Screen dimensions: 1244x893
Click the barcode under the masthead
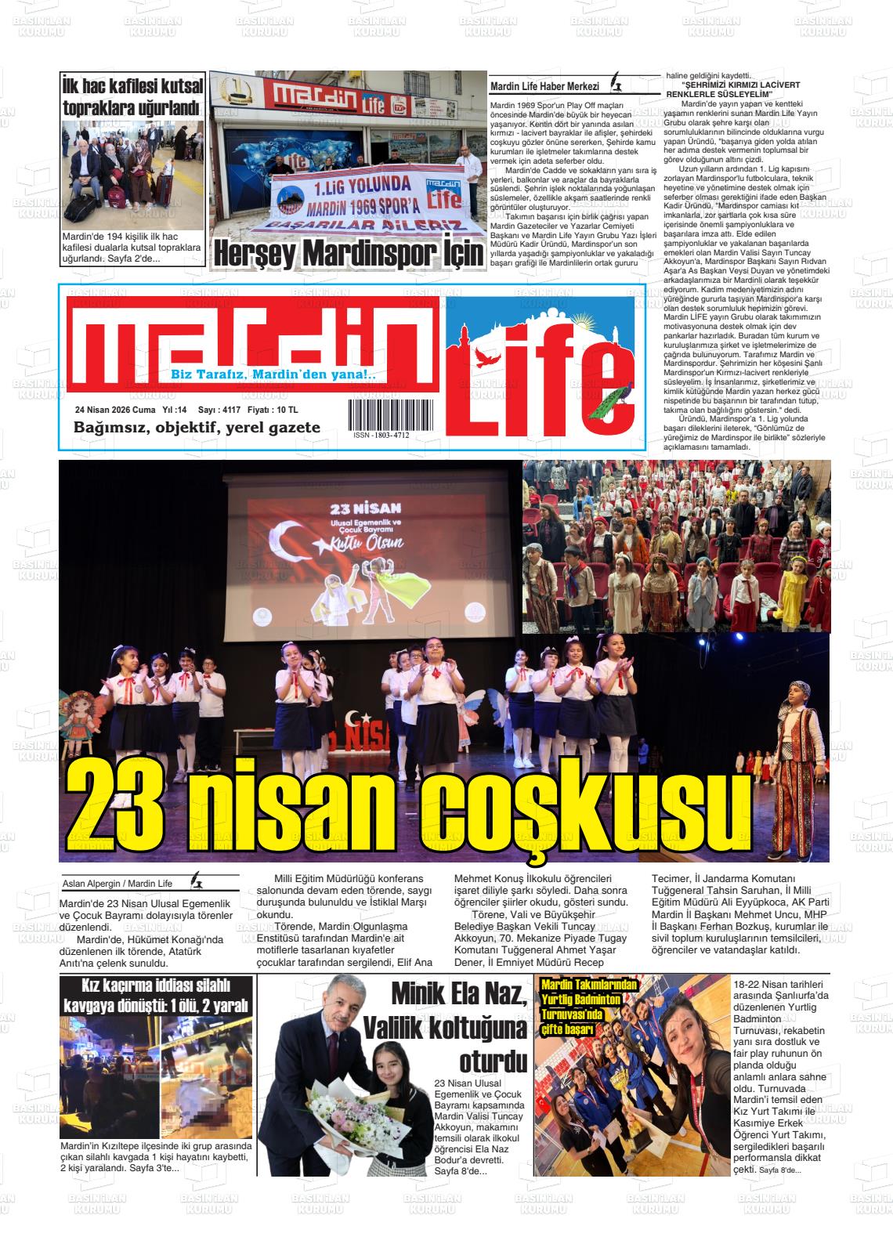point(379,414)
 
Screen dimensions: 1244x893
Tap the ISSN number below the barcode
point(381,435)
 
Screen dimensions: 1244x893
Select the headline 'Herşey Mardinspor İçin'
point(349,253)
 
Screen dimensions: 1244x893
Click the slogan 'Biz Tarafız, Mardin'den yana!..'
point(273,375)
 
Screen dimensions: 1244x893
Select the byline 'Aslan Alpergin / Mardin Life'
point(117,884)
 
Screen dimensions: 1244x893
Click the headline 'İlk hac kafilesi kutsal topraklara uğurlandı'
point(132,96)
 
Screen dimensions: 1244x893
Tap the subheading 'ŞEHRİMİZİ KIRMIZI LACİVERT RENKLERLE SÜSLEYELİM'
point(728,89)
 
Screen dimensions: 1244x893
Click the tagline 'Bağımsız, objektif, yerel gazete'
point(197,428)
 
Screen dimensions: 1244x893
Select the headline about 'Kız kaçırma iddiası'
point(157,995)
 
